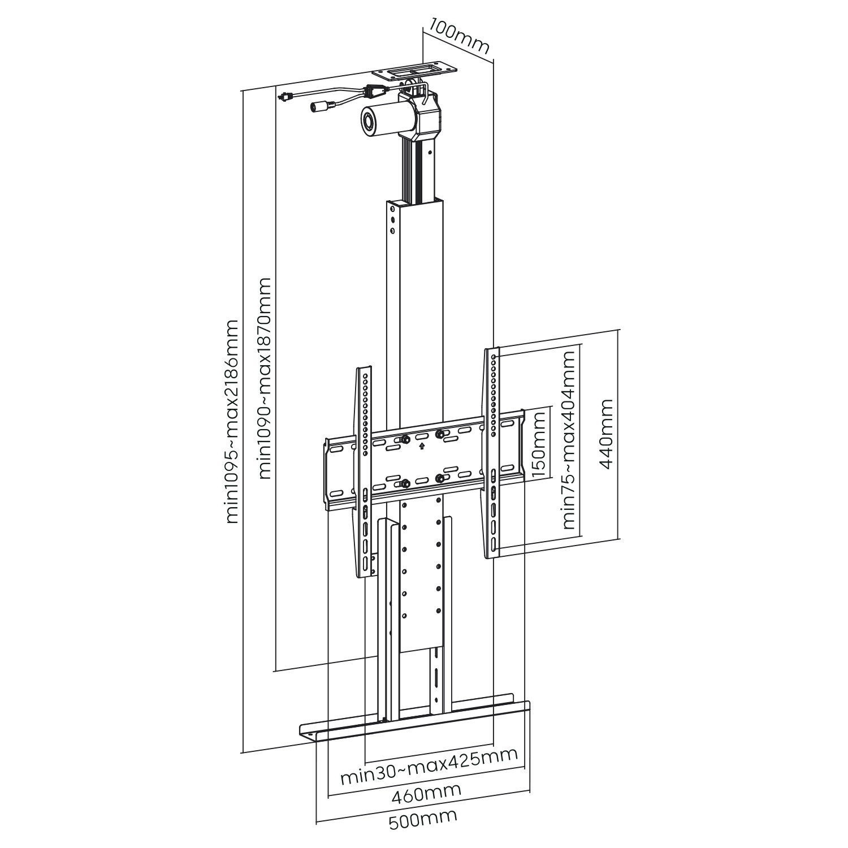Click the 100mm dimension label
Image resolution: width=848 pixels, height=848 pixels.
pos(458,37)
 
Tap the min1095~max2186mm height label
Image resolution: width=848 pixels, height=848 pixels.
pos(232,421)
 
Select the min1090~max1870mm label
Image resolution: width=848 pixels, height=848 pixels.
pos(265,378)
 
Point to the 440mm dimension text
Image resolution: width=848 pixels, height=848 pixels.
pos(606,434)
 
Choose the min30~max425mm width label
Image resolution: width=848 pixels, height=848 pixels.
pos(429,768)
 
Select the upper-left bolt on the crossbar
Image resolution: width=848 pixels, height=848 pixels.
pos(405,439)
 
